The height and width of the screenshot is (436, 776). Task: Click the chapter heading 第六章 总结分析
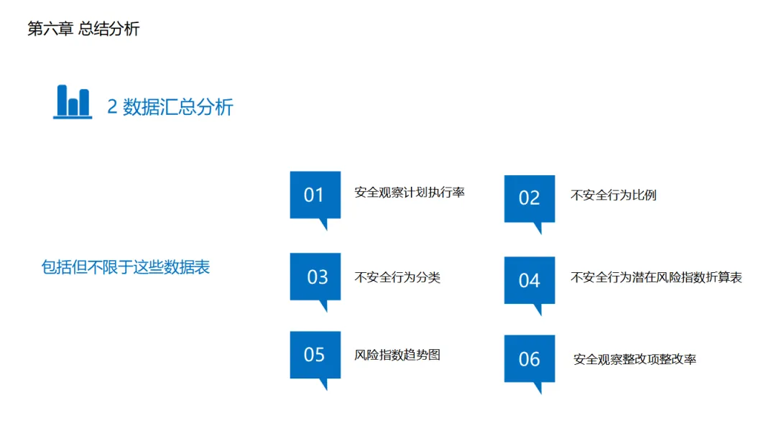[83, 29]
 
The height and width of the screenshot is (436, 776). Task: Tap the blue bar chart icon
[73, 101]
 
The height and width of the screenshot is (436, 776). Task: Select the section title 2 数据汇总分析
[170, 107]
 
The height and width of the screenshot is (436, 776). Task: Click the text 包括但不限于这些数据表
[126, 267]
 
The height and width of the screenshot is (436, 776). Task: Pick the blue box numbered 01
[315, 195]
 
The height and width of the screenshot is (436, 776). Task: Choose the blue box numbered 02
[530, 198]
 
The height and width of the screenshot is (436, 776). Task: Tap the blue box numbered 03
[315, 277]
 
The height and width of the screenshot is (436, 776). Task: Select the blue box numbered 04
[530, 280]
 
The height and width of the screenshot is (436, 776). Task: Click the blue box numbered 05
[315, 354]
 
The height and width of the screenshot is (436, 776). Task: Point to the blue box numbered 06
[530, 358]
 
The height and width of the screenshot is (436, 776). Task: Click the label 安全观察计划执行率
[410, 193]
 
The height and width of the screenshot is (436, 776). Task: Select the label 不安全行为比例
[613, 195]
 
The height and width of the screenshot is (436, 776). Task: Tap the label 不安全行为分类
[397, 277]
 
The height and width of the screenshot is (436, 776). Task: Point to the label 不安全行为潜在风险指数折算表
[656, 277]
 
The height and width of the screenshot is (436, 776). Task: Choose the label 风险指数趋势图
[397, 354]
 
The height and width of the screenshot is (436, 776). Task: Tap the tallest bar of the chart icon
[62, 100]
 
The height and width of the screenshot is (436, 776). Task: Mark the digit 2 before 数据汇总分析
[112, 107]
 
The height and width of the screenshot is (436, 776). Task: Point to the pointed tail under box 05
[323, 384]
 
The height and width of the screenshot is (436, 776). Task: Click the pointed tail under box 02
[537, 228]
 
